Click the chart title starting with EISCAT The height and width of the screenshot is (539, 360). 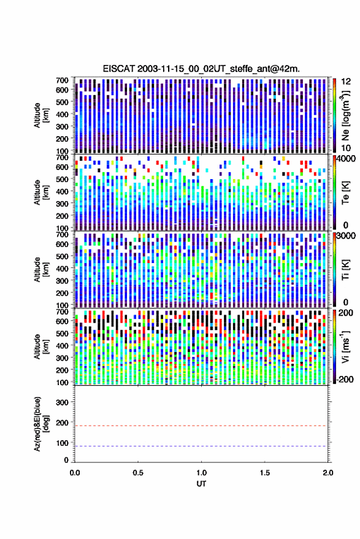click(201, 69)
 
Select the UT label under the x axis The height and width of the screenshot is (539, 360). click(201, 484)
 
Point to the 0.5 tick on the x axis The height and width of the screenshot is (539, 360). click(138, 473)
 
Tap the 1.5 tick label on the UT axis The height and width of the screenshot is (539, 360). click(264, 473)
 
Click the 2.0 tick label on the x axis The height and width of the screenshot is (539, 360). click(327, 473)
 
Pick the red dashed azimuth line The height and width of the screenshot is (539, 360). click(201, 426)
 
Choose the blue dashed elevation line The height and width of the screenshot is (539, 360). click(201, 446)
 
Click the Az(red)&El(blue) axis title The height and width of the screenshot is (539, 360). click(41, 424)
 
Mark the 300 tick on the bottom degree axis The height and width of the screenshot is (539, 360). click(62, 402)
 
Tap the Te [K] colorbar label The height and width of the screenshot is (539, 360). click(345, 193)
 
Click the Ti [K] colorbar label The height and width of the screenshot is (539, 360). click(345, 270)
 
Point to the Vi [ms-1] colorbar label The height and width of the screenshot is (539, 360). click(345, 346)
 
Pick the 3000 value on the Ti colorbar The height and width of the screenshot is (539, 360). click(346, 236)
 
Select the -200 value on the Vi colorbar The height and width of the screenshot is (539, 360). click(345, 380)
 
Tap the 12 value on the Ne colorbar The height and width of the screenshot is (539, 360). click(346, 82)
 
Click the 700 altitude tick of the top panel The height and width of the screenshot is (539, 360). click(62, 80)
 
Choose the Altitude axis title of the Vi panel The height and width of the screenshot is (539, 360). click(41, 346)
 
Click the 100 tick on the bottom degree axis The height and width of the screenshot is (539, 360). click(62, 443)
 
